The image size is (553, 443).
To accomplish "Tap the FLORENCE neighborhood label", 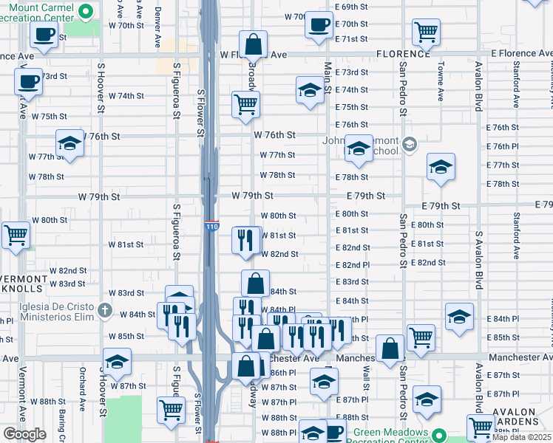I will (402, 54).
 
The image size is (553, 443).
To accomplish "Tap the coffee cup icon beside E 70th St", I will (319, 24).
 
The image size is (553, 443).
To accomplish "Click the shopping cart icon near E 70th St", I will (427, 31).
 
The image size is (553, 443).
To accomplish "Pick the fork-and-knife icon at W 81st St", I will (245, 238).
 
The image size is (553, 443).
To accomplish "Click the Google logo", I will (24, 434).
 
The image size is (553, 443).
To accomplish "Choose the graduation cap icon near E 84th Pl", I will (460, 315).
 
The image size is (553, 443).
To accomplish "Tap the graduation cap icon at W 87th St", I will (117, 363).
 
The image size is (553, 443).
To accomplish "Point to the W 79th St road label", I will (252, 196).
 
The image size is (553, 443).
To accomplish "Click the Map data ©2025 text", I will (522, 436).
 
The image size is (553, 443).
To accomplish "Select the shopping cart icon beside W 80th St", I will (16, 235).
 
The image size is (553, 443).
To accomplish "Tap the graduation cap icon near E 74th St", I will (310, 89).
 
